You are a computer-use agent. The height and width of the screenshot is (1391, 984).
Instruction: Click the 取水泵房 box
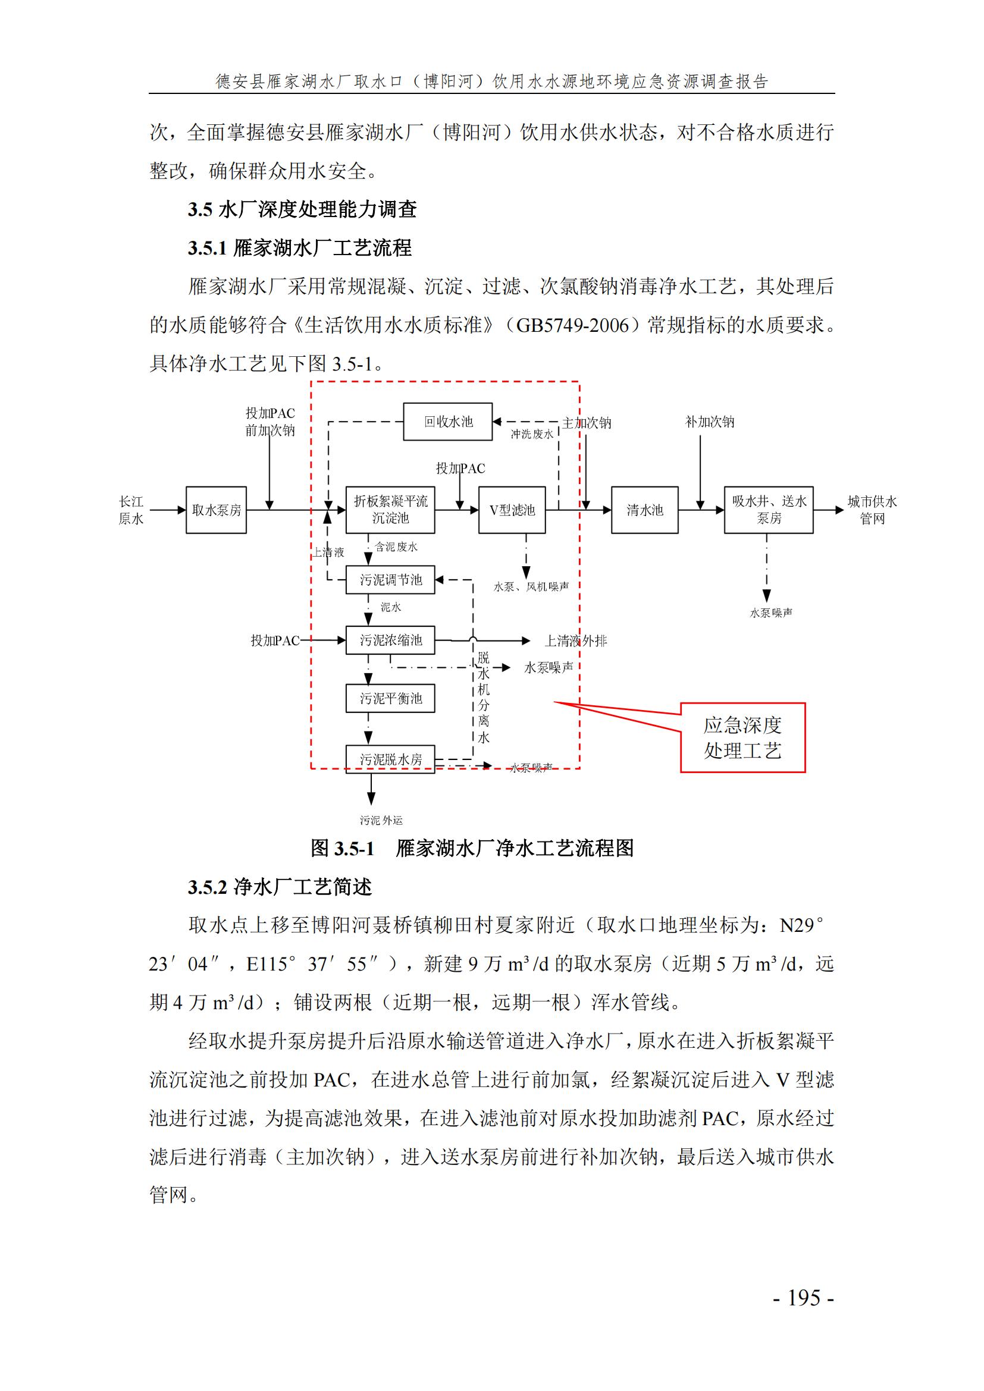coord(216,510)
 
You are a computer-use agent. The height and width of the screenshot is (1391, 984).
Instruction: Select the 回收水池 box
coord(448,422)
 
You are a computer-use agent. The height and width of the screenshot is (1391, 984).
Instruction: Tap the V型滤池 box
coord(512,510)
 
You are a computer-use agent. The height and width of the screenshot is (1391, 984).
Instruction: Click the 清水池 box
coord(644,510)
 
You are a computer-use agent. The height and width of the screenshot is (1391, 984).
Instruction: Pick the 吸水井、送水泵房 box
coord(768,510)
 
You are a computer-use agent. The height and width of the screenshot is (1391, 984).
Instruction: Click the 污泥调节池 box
coord(390,580)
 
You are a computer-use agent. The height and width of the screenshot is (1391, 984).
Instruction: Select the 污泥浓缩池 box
coord(390,640)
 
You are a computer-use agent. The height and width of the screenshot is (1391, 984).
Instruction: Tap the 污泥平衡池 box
coord(390,699)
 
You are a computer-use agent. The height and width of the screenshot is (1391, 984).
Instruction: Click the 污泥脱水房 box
coord(390,758)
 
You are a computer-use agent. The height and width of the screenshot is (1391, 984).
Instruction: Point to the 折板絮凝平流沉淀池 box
coord(390,510)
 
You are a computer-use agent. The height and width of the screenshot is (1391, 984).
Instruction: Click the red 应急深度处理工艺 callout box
coord(742,737)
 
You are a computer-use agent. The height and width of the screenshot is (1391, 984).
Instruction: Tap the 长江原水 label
coord(131,510)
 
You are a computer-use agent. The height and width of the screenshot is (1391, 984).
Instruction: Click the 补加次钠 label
coord(709,422)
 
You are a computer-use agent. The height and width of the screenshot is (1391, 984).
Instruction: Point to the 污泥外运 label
coord(381,820)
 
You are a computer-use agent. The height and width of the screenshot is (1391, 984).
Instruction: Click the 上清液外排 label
coord(575,640)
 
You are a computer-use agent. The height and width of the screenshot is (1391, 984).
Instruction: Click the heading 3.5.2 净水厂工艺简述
coord(280,887)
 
